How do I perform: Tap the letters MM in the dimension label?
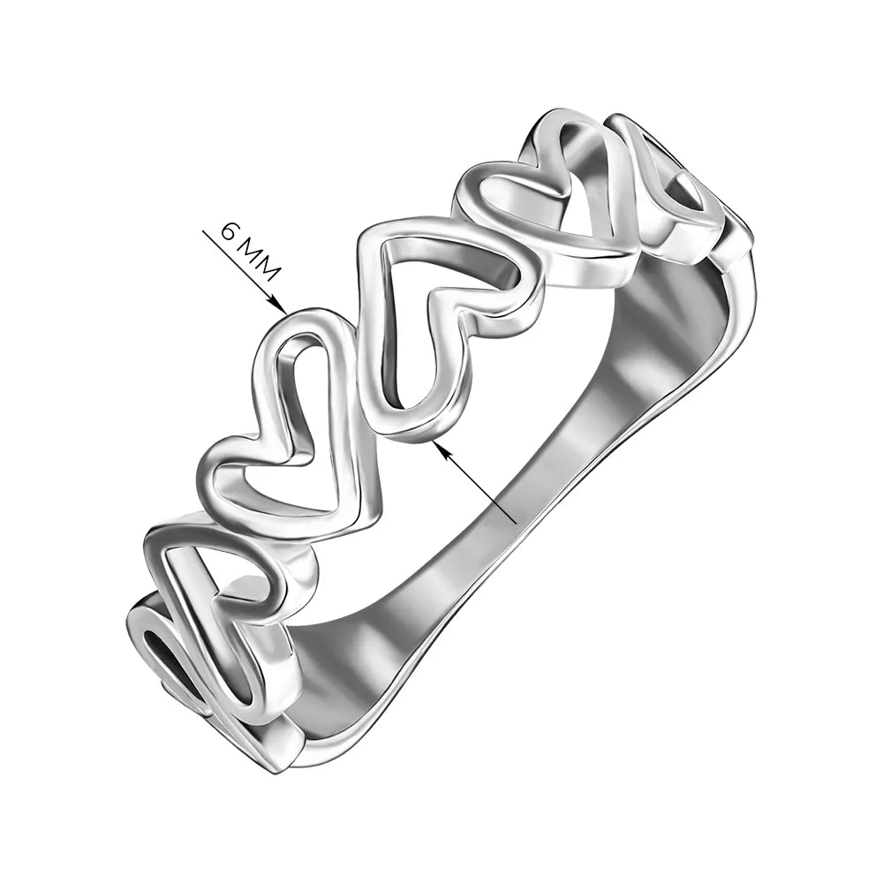[259, 261]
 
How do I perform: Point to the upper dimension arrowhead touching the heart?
[281, 306]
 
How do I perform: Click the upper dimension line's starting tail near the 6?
[203, 230]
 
